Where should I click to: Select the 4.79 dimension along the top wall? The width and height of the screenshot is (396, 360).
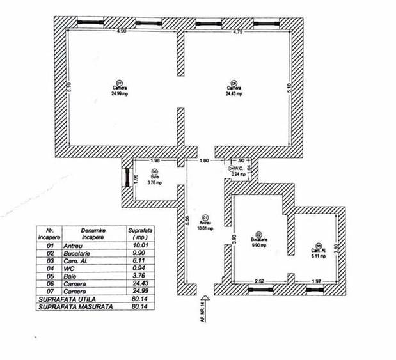click(238, 32)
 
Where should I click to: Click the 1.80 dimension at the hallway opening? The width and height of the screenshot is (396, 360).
click(203, 160)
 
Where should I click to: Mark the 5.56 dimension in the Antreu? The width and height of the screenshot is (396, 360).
click(186, 219)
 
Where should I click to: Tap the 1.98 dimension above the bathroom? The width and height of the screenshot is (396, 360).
click(155, 160)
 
